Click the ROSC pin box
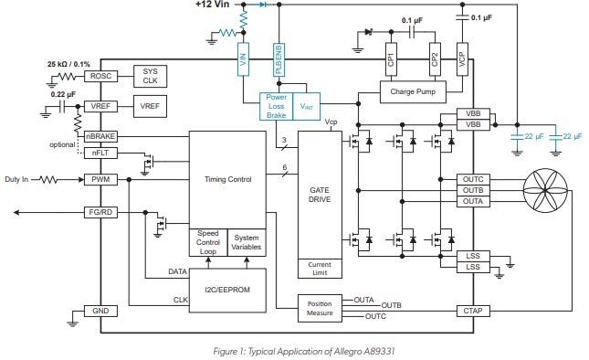pos(99,77)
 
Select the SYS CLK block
pos(149,77)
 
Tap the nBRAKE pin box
pos(99,137)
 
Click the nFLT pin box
pos(99,153)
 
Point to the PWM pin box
pos(99,180)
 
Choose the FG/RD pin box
pos(99,212)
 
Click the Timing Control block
pos(226,180)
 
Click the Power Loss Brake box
pos(276,108)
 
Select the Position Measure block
pos(319,307)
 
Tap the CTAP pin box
pos(473,312)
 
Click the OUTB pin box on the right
pos(473,190)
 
